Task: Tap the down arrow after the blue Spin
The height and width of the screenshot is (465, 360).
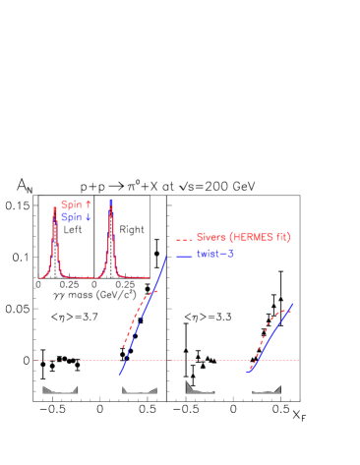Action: pyautogui.click(x=90, y=217)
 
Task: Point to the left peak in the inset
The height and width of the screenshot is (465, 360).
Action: pyautogui.click(x=55, y=226)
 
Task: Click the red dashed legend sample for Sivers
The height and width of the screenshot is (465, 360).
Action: pyautogui.click(x=184, y=238)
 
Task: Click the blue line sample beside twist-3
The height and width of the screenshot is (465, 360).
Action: pyautogui.click(x=184, y=255)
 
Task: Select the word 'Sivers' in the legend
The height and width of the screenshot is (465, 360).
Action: pyautogui.click(x=211, y=237)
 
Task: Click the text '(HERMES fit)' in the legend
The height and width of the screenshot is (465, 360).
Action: pyautogui.click(x=260, y=237)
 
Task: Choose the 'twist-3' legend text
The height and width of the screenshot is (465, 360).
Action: pyautogui.click(x=215, y=254)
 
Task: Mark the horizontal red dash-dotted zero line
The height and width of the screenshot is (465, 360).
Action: pyautogui.click(x=197, y=361)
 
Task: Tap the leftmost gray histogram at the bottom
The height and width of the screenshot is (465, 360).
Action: pyautogui.click(x=60, y=390)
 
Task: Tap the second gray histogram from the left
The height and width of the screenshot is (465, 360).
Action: pyautogui.click(x=139, y=390)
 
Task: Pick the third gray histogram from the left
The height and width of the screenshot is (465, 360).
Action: pyautogui.click(x=200, y=389)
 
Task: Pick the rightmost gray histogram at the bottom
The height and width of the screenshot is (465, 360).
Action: pyautogui.click(x=267, y=390)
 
